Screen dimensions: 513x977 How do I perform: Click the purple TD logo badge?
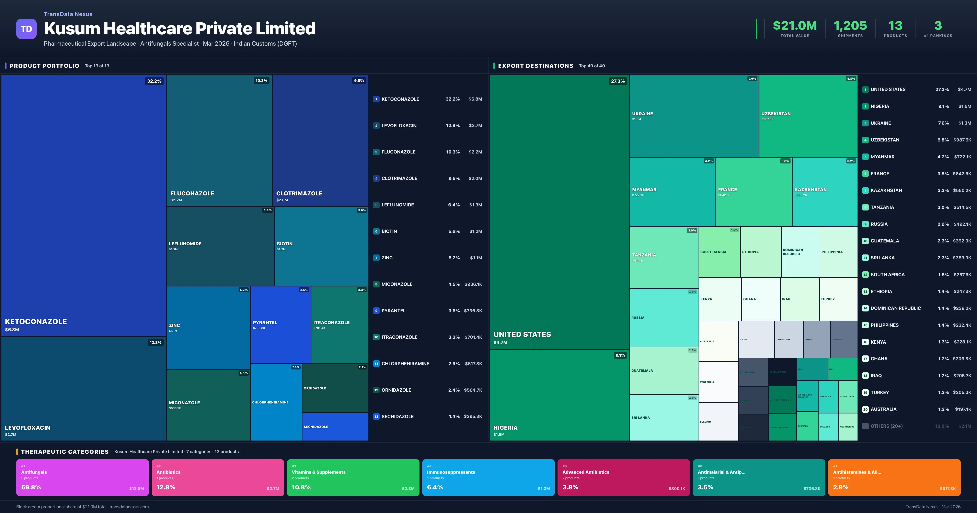(x=26, y=29)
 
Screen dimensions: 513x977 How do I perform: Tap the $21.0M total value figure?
(x=795, y=26)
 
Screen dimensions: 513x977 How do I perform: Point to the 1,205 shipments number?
(x=850, y=26)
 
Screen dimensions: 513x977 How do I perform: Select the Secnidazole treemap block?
(x=335, y=426)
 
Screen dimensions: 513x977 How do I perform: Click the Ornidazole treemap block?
(x=335, y=388)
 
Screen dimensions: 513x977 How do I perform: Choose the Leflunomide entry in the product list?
(x=398, y=205)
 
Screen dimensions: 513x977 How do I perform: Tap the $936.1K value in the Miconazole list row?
(x=473, y=284)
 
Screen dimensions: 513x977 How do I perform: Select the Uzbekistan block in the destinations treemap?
(x=808, y=116)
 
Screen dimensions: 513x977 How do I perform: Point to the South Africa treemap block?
(x=719, y=252)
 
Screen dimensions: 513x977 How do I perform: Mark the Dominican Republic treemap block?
(x=800, y=252)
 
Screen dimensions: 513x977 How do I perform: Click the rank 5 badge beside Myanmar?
(x=865, y=157)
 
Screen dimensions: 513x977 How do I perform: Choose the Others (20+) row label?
(x=886, y=426)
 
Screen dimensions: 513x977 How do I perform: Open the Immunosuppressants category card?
(x=488, y=477)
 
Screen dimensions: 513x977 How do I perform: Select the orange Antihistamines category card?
(x=894, y=477)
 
